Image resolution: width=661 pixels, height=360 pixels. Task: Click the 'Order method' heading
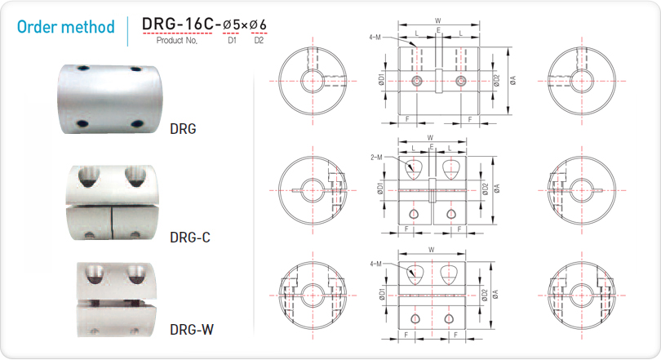point(66,27)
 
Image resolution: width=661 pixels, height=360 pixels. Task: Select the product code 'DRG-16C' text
point(178,24)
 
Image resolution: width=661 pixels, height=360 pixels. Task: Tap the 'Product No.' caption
point(176,41)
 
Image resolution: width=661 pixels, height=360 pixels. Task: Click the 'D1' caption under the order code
point(232,41)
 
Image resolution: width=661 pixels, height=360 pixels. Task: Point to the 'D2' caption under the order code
point(259,41)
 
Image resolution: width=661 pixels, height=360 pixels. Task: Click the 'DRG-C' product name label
point(189,238)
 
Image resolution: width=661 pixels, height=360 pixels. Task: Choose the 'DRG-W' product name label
point(192,329)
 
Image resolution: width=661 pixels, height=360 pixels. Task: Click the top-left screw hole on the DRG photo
point(83,69)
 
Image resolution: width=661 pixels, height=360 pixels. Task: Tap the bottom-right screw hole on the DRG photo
point(137,123)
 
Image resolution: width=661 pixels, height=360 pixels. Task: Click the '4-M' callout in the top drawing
point(375,37)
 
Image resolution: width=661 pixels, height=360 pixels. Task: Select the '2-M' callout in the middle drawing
point(376,158)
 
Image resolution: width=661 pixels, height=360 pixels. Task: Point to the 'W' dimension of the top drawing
point(438,20)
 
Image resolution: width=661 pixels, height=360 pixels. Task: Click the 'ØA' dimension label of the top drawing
point(512,81)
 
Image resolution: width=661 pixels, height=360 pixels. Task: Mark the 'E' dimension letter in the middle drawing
point(432,147)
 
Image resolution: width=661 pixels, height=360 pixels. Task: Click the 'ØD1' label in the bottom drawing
point(382,293)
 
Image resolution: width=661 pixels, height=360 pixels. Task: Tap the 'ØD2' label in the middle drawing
point(486,189)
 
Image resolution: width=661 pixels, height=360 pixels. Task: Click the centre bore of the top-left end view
point(313,81)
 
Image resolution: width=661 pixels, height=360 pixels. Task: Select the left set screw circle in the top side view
point(417,81)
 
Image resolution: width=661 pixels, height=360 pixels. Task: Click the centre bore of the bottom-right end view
point(582,296)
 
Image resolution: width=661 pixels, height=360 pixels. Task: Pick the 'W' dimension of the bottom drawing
point(431,250)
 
